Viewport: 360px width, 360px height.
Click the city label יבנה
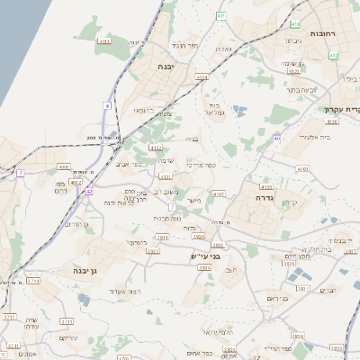point(165,67)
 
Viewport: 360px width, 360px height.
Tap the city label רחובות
point(322,33)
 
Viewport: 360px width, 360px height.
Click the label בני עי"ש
point(203,256)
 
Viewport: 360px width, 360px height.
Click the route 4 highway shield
point(106,105)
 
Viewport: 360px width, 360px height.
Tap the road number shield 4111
point(104,41)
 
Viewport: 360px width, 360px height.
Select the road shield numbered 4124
point(201,77)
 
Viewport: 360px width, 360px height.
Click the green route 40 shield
point(277,138)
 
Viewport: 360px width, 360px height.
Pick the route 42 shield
point(88,192)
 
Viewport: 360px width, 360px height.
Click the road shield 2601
point(302,289)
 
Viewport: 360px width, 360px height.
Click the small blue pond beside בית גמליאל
point(239,111)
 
